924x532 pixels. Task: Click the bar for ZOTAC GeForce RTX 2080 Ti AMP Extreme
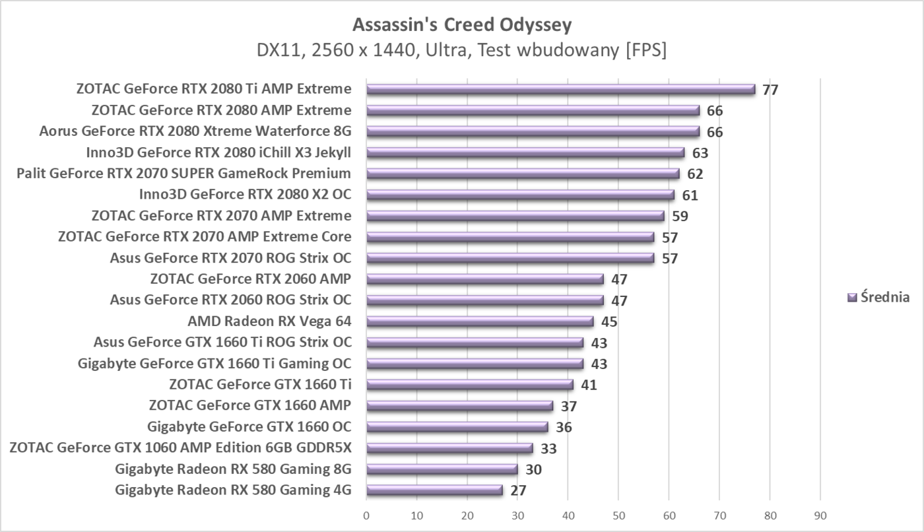560,89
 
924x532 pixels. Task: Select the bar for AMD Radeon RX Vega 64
480,321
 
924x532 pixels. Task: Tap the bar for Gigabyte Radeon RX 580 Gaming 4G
434,490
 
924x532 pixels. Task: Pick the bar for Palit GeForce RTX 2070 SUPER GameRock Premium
523,174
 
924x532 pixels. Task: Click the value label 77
770,90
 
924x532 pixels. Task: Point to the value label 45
609,322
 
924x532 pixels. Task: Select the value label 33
548,449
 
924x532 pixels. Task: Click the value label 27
517,490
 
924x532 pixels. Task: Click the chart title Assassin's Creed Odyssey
462,24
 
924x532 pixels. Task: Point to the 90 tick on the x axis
820,516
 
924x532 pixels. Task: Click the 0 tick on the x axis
366,516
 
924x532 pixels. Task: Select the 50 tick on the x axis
618,516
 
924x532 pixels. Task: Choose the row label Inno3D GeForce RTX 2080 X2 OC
245,195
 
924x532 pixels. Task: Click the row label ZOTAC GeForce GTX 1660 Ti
260,384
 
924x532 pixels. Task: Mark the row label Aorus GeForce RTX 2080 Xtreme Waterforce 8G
195,131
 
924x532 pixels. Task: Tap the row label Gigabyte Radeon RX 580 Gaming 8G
233,469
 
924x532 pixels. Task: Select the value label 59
680,216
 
